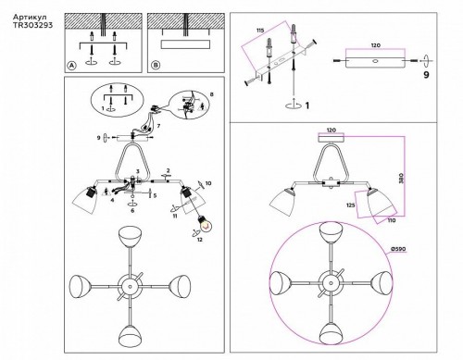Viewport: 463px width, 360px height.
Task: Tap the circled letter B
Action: click(x=156, y=66)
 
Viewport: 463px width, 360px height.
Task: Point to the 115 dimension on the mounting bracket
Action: click(x=260, y=31)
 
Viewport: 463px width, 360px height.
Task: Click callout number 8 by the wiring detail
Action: click(x=211, y=94)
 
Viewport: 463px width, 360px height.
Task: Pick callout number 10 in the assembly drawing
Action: click(x=209, y=184)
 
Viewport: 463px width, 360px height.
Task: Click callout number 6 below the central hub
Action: click(x=133, y=211)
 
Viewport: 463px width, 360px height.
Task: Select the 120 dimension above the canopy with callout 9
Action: click(x=376, y=43)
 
